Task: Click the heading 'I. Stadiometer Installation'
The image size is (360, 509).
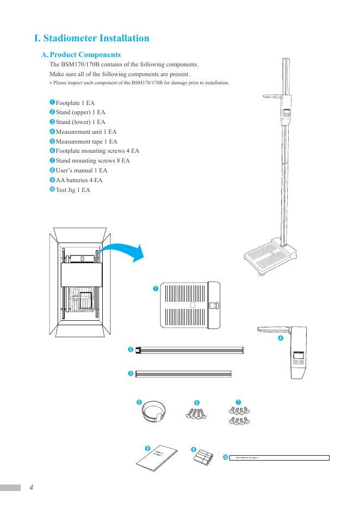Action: click(91, 39)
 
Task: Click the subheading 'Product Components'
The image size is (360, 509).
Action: click(85, 55)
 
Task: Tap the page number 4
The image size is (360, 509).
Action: click(32, 487)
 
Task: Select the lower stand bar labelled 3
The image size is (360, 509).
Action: click(184, 374)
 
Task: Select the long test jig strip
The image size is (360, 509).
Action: click(280, 458)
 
